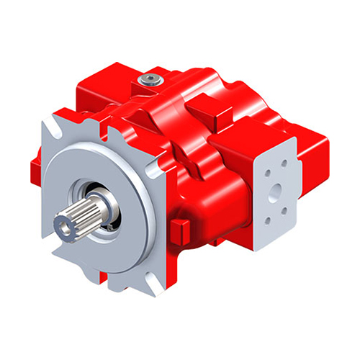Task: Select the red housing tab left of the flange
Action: (x=35, y=170)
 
